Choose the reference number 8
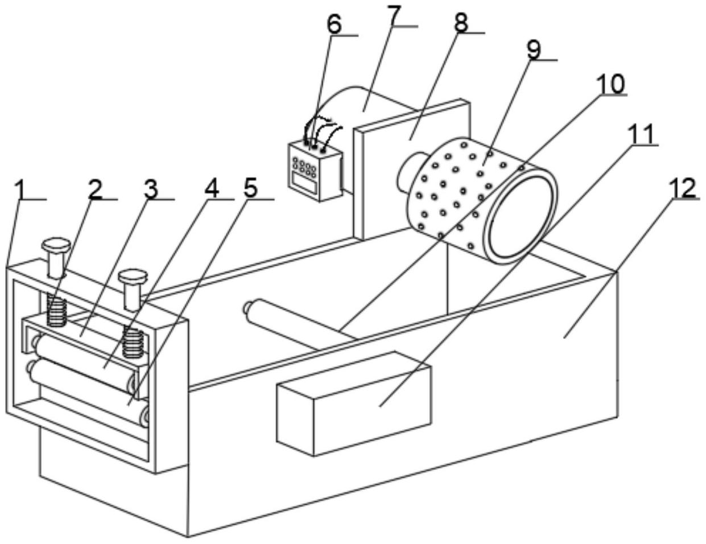[x=461, y=22]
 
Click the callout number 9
[x=534, y=49]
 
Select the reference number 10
[x=611, y=83]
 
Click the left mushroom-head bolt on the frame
[x=56, y=258]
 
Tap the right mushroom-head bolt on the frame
[x=133, y=289]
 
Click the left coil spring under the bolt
[x=56, y=312]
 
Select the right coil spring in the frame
[x=133, y=343]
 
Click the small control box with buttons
[x=315, y=171]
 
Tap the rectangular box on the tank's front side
[x=354, y=403]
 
